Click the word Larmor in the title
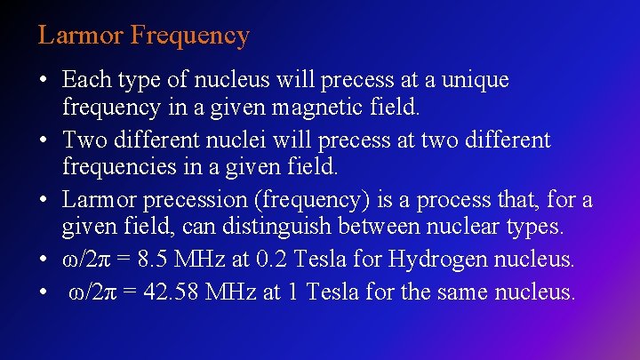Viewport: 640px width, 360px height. pyautogui.click(x=81, y=36)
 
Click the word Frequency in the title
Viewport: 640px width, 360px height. pyautogui.click(x=190, y=36)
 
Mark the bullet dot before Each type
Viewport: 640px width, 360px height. pyautogui.click(x=43, y=80)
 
